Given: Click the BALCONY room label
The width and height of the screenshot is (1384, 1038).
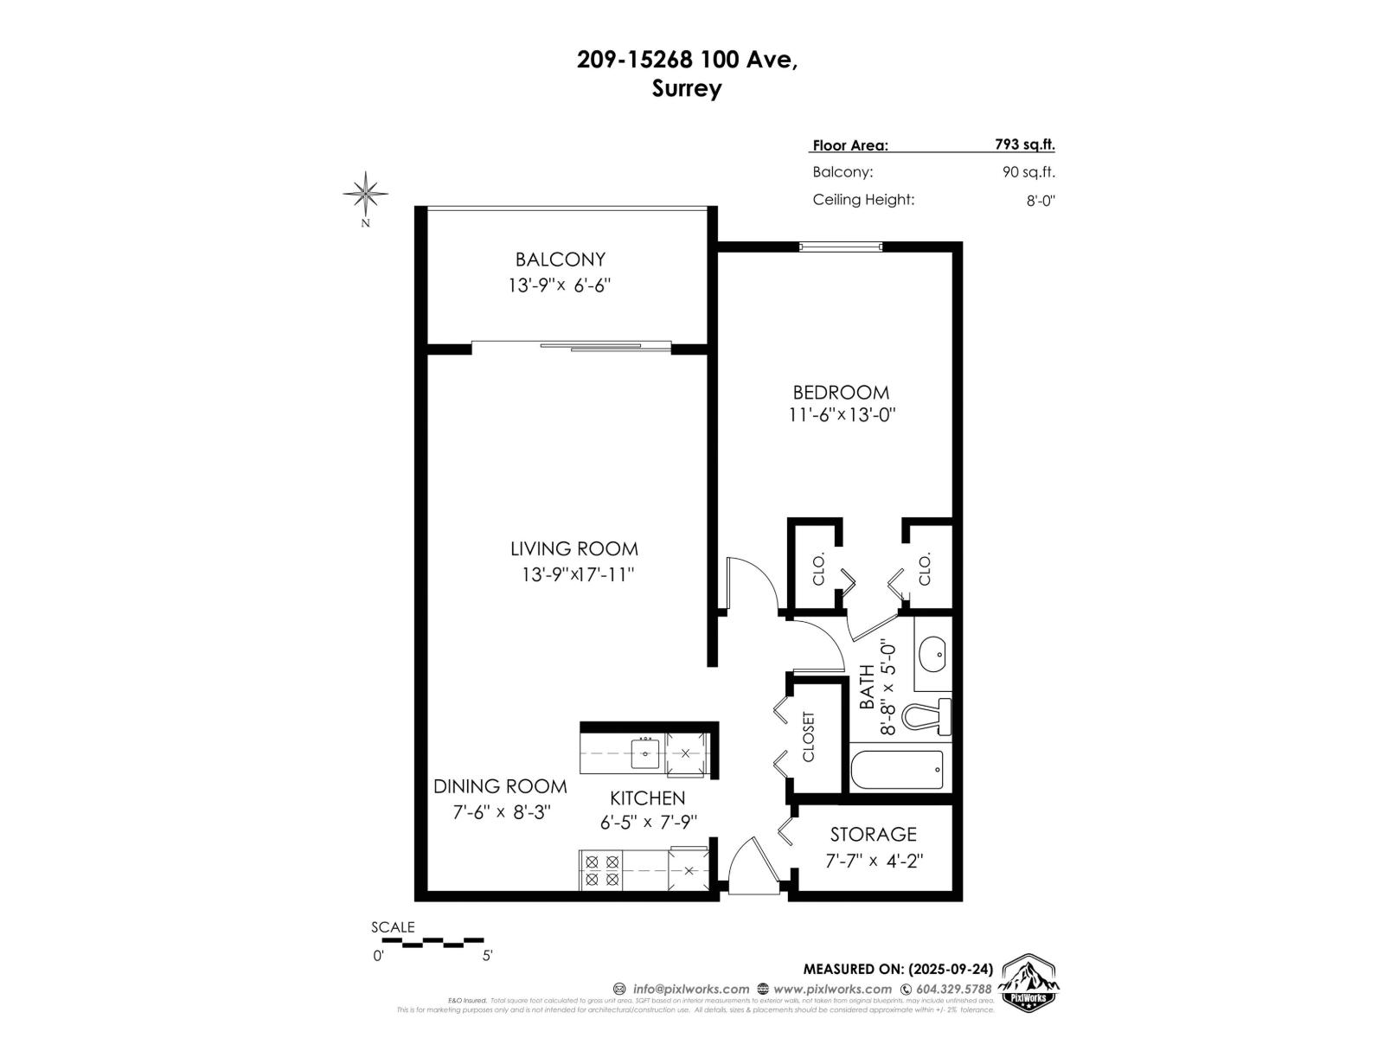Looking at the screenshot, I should coord(560,259).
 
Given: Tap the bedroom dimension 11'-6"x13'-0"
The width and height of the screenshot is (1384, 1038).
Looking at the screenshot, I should coord(841,414).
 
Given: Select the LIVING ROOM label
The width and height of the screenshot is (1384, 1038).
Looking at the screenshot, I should coord(573,548).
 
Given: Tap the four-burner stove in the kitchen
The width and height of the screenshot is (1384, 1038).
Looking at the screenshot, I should coord(601,870).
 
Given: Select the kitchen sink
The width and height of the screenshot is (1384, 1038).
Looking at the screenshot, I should coord(644,753).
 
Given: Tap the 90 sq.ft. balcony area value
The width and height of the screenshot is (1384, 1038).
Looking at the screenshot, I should coord(1028,172).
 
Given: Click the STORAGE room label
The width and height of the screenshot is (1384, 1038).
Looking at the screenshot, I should coord(873,834).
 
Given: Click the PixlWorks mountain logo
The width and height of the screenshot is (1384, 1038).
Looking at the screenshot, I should coord(1029,983).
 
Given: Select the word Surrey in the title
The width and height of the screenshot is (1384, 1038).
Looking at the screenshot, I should coord(687,88).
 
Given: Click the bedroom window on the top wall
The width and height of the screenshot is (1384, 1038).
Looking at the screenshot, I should coord(840,247).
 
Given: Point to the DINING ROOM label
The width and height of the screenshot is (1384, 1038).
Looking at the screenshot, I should coord(500,786).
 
